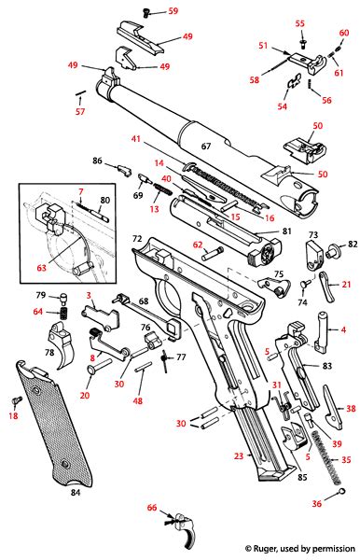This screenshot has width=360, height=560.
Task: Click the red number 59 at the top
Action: tap(173, 10)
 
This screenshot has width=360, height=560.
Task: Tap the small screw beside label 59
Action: tap(146, 12)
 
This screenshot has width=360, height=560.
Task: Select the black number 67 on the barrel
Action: tap(206, 147)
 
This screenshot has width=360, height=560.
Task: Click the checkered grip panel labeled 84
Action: tap(53, 424)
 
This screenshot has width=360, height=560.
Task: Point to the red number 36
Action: tap(317, 504)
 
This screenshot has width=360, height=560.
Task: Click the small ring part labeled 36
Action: tap(342, 492)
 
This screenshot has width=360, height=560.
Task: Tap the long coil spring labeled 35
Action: tap(325, 457)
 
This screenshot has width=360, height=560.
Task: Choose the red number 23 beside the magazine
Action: tap(239, 455)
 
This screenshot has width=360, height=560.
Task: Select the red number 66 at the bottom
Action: tap(152, 508)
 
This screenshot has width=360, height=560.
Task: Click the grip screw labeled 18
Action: tap(17, 400)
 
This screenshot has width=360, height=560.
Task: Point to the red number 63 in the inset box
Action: tap(42, 267)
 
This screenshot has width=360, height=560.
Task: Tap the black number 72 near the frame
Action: tap(137, 239)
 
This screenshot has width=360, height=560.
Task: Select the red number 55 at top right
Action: tap(300, 23)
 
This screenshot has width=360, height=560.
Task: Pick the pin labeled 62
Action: tap(213, 253)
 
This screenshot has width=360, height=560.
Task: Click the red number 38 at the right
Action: tap(351, 408)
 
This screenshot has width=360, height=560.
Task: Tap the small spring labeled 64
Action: tap(63, 313)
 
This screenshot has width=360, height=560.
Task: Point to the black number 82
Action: tap(353, 244)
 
